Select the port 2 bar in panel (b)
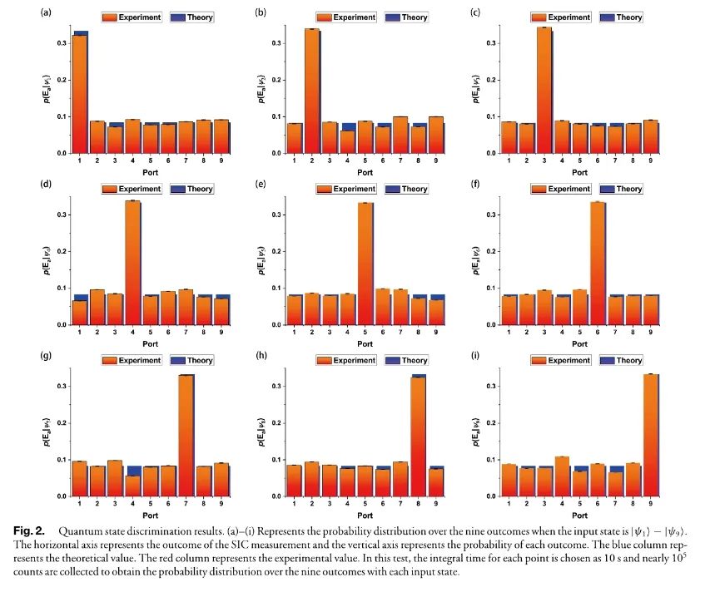coord(312,91)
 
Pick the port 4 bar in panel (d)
coord(132,263)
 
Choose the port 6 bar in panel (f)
coord(597,263)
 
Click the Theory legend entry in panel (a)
coord(192,17)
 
